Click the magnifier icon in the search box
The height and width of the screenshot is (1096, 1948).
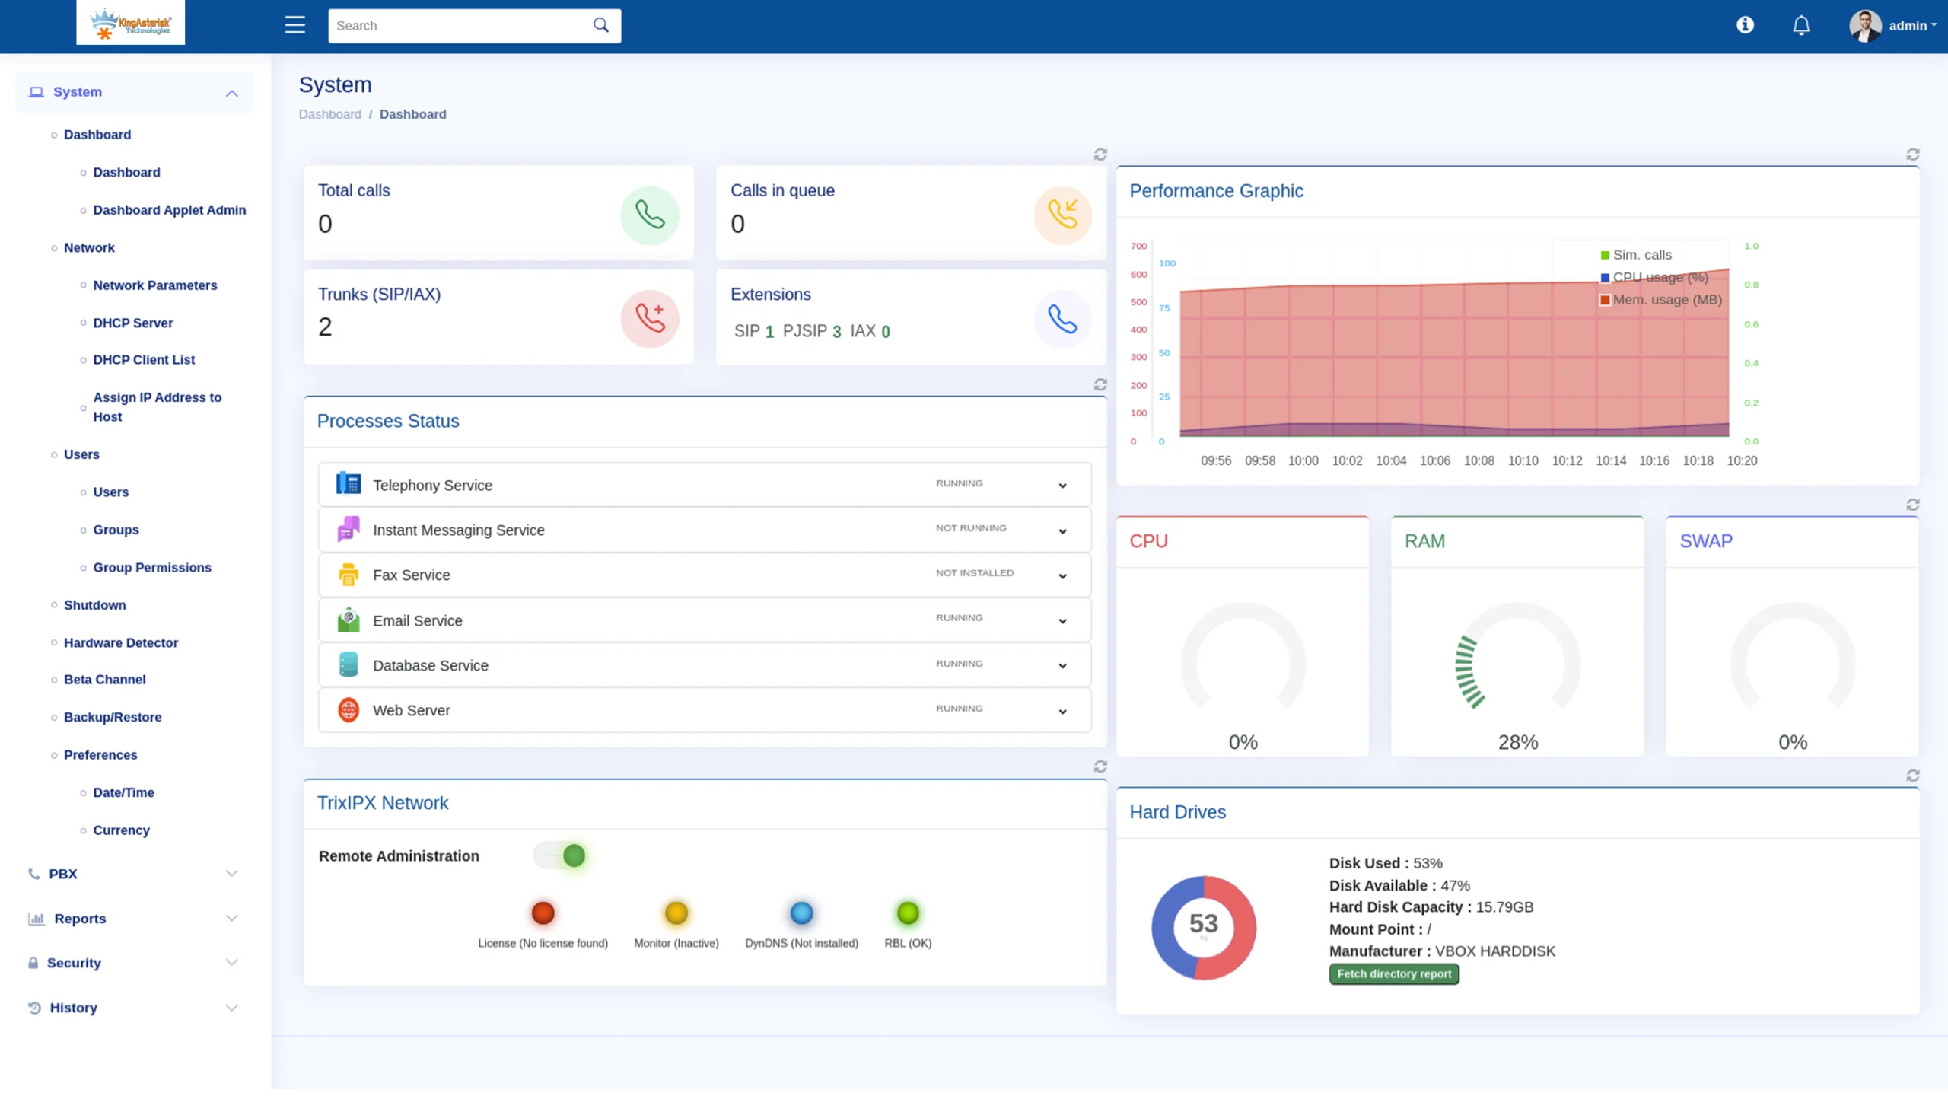(x=600, y=25)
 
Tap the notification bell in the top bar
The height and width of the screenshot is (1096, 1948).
(x=1800, y=26)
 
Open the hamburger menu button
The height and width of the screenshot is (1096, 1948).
(x=294, y=25)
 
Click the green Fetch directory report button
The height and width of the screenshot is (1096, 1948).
(x=1393, y=973)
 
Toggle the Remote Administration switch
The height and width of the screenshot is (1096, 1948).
(x=561, y=855)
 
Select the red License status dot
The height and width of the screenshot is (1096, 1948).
(x=543, y=913)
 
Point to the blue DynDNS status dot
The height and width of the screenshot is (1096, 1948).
(x=801, y=913)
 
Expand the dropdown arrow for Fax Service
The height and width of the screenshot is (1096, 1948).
(x=1062, y=576)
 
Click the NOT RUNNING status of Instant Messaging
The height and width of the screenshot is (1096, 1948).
(x=971, y=528)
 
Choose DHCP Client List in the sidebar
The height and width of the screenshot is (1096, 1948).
(x=144, y=360)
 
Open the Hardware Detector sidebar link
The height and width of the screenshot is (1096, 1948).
(x=121, y=642)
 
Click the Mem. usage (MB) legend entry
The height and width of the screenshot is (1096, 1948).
(x=1660, y=300)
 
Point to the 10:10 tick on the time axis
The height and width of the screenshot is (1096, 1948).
(x=1523, y=460)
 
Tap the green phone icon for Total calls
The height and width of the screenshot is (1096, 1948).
(x=650, y=215)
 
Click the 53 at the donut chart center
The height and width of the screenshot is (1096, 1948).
(x=1203, y=923)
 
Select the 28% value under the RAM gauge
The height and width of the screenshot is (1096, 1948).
(x=1517, y=742)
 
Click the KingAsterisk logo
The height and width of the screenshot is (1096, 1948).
(x=130, y=22)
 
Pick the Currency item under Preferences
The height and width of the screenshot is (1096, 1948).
(x=121, y=830)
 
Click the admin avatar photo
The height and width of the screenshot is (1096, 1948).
(x=1865, y=26)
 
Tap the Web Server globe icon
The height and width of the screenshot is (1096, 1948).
(x=348, y=710)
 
